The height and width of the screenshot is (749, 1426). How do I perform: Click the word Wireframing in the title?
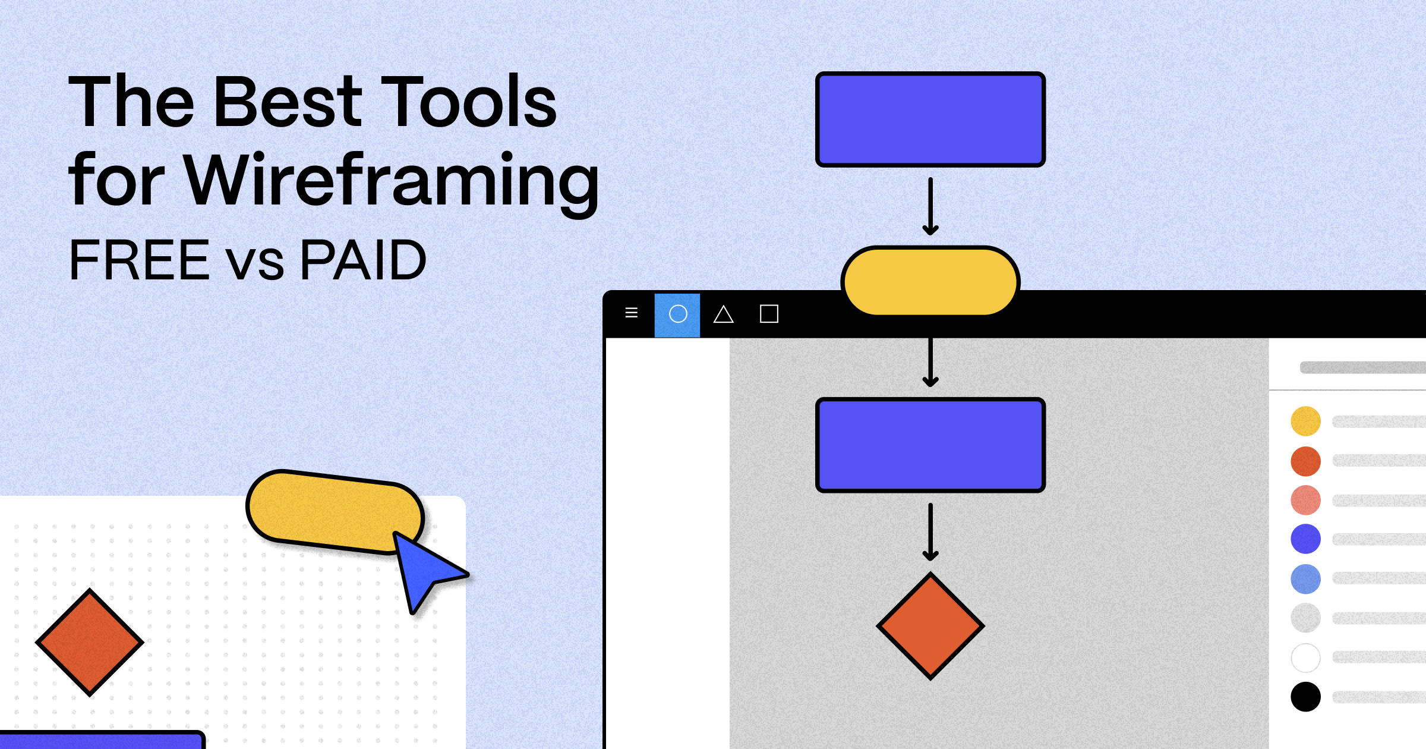click(x=392, y=180)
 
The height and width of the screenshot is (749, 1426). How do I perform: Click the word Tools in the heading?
click(x=468, y=102)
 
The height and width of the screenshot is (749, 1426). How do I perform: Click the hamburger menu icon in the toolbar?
click(x=632, y=313)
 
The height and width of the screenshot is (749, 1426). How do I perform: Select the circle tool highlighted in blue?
click(x=677, y=314)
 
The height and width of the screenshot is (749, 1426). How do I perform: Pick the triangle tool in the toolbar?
click(x=723, y=314)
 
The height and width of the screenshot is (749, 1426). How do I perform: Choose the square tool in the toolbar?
click(x=769, y=314)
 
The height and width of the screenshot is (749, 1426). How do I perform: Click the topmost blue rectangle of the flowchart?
click(x=930, y=119)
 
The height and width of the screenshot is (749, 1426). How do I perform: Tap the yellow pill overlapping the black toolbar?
click(x=930, y=281)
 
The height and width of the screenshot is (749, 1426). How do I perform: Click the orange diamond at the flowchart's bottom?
click(x=930, y=626)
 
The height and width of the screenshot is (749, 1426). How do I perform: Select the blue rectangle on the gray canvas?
click(x=930, y=445)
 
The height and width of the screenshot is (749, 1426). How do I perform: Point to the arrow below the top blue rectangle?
click(x=930, y=206)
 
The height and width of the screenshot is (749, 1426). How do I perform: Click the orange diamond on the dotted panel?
click(x=90, y=642)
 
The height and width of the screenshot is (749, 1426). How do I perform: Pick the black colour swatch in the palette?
click(x=1305, y=697)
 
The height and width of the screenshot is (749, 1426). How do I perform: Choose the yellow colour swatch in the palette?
click(x=1305, y=421)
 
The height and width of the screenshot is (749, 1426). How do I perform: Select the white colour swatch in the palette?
click(x=1305, y=657)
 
